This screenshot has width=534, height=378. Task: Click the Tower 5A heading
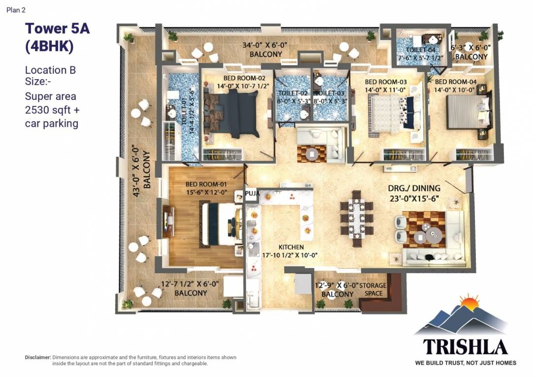click(57, 29)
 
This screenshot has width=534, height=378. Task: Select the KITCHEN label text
click(291, 247)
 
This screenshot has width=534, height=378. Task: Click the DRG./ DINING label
click(414, 188)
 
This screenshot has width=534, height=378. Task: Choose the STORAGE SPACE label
click(373, 289)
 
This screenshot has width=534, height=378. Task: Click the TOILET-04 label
click(420, 50)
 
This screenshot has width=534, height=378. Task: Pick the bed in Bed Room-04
click(468, 112)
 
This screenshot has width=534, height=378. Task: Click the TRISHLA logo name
click(465, 347)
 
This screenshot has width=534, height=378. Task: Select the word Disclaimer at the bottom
click(38, 357)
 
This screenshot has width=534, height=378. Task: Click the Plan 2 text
click(16, 10)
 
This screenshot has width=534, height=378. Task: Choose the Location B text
click(50, 70)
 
